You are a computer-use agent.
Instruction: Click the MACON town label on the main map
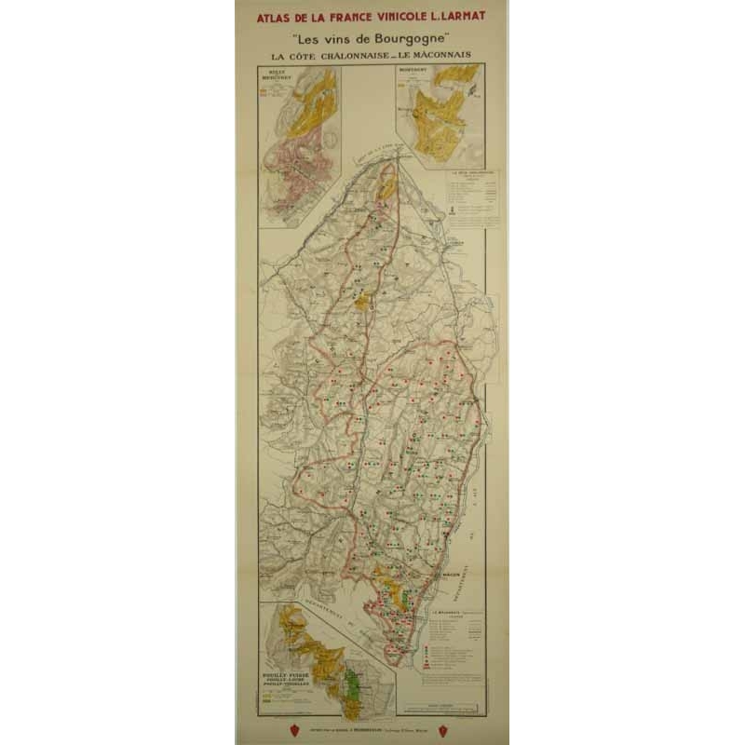pos(456,574)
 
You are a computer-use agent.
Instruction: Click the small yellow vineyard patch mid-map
pos(362,303)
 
